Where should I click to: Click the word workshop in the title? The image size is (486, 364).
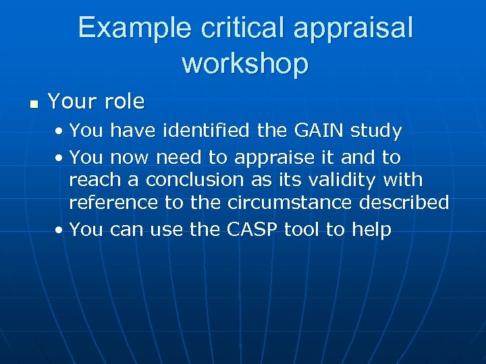coord(245,63)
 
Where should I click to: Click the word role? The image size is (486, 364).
coord(125,102)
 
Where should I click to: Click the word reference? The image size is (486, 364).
coord(114,203)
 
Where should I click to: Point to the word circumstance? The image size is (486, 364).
coord(296,203)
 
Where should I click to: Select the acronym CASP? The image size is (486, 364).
coord(251,230)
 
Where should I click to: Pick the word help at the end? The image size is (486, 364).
coord(371,230)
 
